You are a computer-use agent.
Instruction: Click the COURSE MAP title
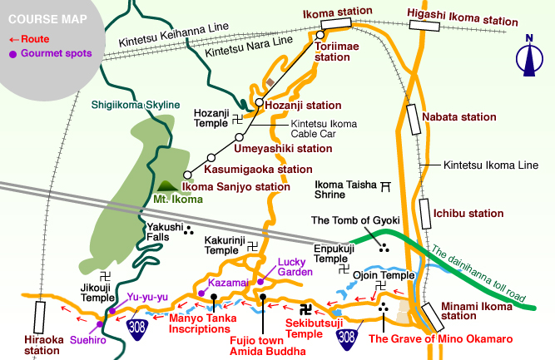46,17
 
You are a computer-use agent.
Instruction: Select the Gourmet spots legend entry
51,54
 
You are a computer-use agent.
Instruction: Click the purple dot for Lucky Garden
261,280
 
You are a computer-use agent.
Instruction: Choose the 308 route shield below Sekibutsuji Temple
348,337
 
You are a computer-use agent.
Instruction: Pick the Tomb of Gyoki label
355,220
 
